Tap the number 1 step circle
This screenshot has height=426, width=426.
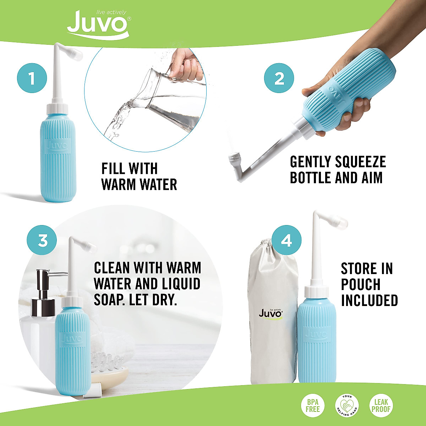click(x=32, y=78)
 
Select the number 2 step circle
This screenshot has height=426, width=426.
click(x=279, y=78)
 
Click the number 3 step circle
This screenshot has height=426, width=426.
click(x=42, y=240)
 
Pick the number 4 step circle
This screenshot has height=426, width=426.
click(x=286, y=240)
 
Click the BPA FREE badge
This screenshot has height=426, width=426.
click(x=312, y=405)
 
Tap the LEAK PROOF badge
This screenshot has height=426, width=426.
click(x=381, y=405)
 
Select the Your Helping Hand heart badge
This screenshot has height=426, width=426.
click(x=347, y=405)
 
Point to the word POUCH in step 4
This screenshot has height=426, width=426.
click(x=361, y=284)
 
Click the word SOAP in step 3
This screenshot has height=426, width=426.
click(x=108, y=300)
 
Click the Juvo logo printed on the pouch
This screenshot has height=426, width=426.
click(x=271, y=313)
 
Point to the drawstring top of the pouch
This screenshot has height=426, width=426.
click(x=264, y=245)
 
